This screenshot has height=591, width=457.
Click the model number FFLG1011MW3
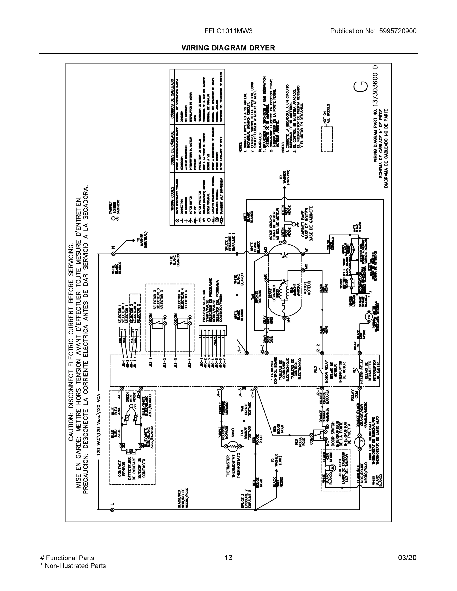tap(228, 31)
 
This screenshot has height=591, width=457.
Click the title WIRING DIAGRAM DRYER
tap(228, 48)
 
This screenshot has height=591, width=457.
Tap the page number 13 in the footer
tap(228, 558)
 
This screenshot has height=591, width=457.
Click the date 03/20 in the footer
tap(407, 558)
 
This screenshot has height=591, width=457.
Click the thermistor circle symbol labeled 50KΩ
tap(232, 447)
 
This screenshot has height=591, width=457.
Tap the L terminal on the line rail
tap(112, 510)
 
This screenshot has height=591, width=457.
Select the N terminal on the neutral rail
tap(113, 254)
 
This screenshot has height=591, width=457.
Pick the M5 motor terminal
tap(303, 270)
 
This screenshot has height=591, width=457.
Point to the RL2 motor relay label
tap(315, 369)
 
